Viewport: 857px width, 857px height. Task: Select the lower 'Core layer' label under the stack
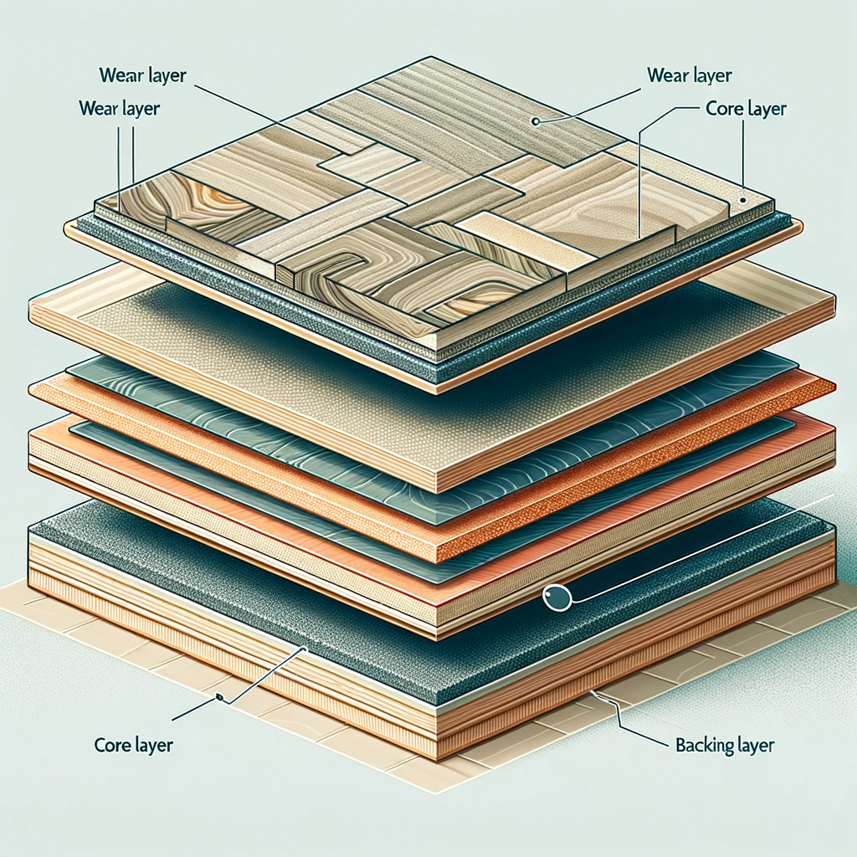coord(134,744)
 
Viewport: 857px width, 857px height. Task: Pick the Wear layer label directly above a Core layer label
coord(690,75)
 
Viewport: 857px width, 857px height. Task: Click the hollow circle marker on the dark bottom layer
coord(555,598)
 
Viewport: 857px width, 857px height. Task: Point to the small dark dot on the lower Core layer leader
coord(218,698)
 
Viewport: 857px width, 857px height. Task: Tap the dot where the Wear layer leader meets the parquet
coord(533,121)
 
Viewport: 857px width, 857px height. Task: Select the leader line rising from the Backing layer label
coord(617,711)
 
